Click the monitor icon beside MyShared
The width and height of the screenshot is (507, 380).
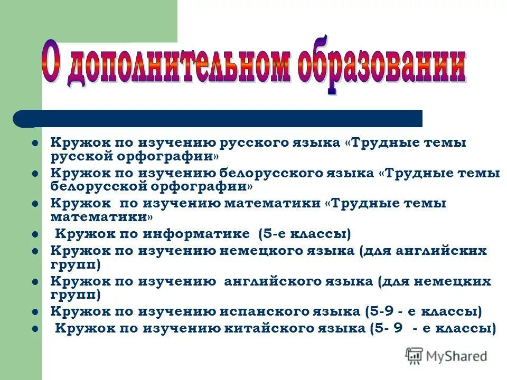pos(415,355)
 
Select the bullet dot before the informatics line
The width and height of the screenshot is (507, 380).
pos(35,233)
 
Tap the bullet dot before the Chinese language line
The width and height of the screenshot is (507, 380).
pos(35,329)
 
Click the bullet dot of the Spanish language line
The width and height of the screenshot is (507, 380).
pos(35,312)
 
